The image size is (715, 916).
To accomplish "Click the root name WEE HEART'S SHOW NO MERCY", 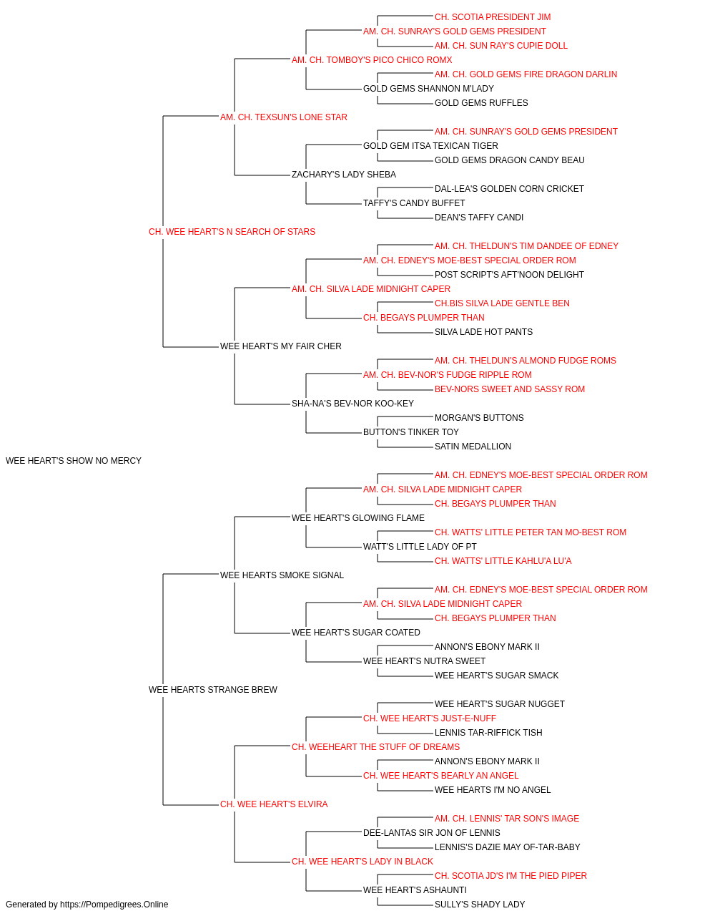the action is pos(73,461).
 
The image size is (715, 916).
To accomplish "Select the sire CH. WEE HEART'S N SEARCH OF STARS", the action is pos(232,232).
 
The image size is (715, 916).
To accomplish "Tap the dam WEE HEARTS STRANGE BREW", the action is pos(212,690).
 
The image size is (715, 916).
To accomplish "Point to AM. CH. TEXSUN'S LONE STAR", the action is pos(283,117).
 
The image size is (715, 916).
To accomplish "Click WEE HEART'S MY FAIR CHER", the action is pos(280,346).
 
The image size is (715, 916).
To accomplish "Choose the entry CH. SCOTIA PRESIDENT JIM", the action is pos(492,17).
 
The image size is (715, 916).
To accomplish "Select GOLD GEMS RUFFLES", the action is pos(481,103).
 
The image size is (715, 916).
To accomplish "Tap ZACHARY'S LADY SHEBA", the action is pos(344,175).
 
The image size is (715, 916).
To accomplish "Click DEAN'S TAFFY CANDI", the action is pos(479,218).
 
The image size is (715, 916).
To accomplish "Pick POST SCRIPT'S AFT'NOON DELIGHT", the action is pos(509,275).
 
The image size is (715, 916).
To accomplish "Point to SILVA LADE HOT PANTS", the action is pos(483,332).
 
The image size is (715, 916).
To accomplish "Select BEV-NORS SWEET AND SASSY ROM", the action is pos(510,389).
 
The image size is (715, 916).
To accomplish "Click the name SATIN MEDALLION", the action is pos(473,447).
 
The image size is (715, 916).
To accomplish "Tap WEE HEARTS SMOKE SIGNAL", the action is pos(282,575).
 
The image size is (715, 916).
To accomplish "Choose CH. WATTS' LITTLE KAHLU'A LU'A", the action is pos(503,561).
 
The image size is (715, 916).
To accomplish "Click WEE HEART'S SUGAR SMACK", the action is pos(496,676).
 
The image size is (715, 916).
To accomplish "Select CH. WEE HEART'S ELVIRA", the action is pos(274,804).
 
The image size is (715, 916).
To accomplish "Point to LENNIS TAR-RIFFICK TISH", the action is pos(488,733).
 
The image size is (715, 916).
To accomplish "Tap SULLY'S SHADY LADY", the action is pos(480,905).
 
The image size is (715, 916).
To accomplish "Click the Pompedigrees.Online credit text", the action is pos(87,905).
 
